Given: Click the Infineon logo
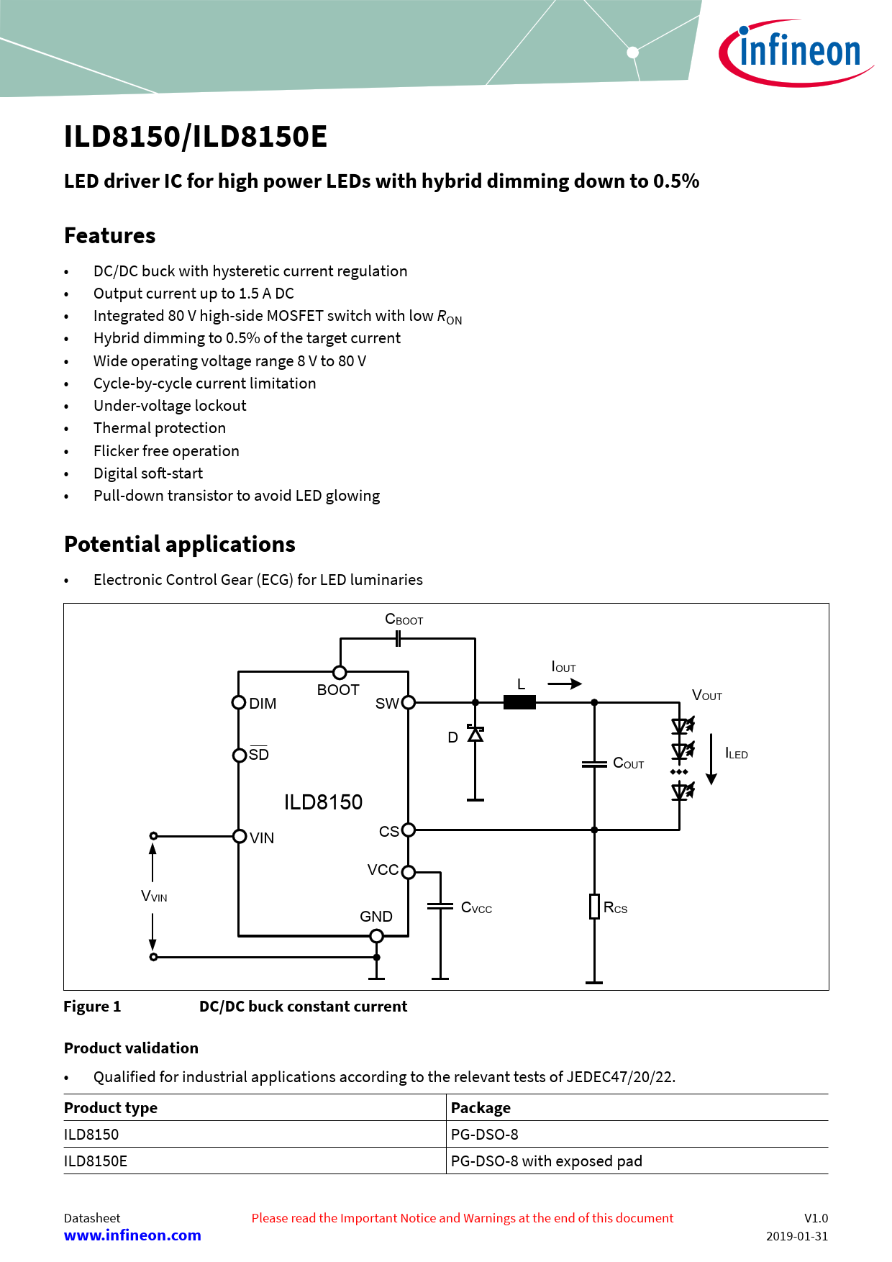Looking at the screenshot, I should tap(796, 53).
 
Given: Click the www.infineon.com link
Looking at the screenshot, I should tap(132, 1235).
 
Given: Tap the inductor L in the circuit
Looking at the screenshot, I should tap(519, 702).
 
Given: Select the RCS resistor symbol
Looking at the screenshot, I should tap(594, 907).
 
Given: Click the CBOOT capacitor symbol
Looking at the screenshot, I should tap(398, 638).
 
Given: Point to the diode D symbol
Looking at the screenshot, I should tap(475, 734).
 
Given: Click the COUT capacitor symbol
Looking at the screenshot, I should tap(594, 764).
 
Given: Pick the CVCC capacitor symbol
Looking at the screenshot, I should tap(440, 907).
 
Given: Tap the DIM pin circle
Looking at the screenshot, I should tap(239, 702).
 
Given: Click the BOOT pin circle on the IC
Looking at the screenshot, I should tap(340, 672).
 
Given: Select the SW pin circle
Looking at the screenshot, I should tap(409, 702).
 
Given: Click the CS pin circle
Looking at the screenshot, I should tap(409, 830).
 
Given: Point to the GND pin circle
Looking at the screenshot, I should tap(376, 936).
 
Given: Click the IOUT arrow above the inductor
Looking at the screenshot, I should tap(565, 684).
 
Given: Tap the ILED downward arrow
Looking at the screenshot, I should tap(711, 759).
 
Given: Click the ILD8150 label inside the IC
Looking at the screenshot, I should tap(323, 802).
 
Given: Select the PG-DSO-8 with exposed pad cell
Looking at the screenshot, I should tap(547, 1161).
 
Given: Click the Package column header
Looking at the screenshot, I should tap(481, 1108).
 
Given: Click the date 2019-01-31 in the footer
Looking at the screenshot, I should tap(796, 1236).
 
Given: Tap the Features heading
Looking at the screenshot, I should tap(110, 236).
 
